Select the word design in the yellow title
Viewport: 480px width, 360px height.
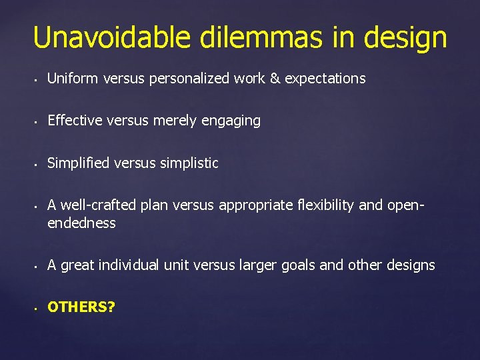tap(405, 39)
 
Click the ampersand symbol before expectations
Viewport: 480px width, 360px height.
tap(275, 79)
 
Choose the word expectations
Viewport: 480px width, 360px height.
tap(325, 79)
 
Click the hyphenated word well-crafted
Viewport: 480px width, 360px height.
tap(93, 205)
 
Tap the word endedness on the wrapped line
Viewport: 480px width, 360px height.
tap(81, 223)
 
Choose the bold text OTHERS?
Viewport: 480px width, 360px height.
tap(81, 307)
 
